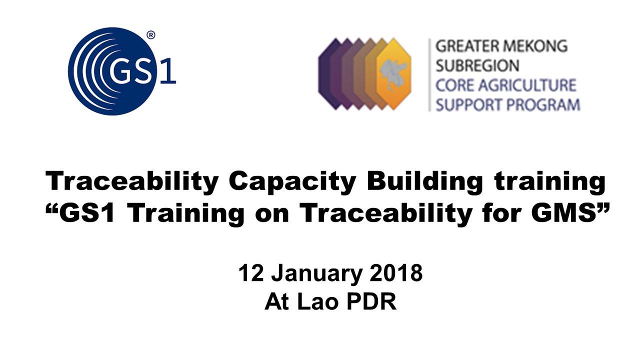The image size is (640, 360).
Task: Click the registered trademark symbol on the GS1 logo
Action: tap(151, 35)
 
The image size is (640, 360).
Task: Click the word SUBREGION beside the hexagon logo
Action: tap(477, 65)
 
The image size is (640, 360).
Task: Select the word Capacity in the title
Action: tap(292, 181)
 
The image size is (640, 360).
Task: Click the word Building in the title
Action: tap(425, 181)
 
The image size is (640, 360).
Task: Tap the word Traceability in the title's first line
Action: tap(132, 181)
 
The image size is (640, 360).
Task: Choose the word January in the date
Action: tap(317, 274)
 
